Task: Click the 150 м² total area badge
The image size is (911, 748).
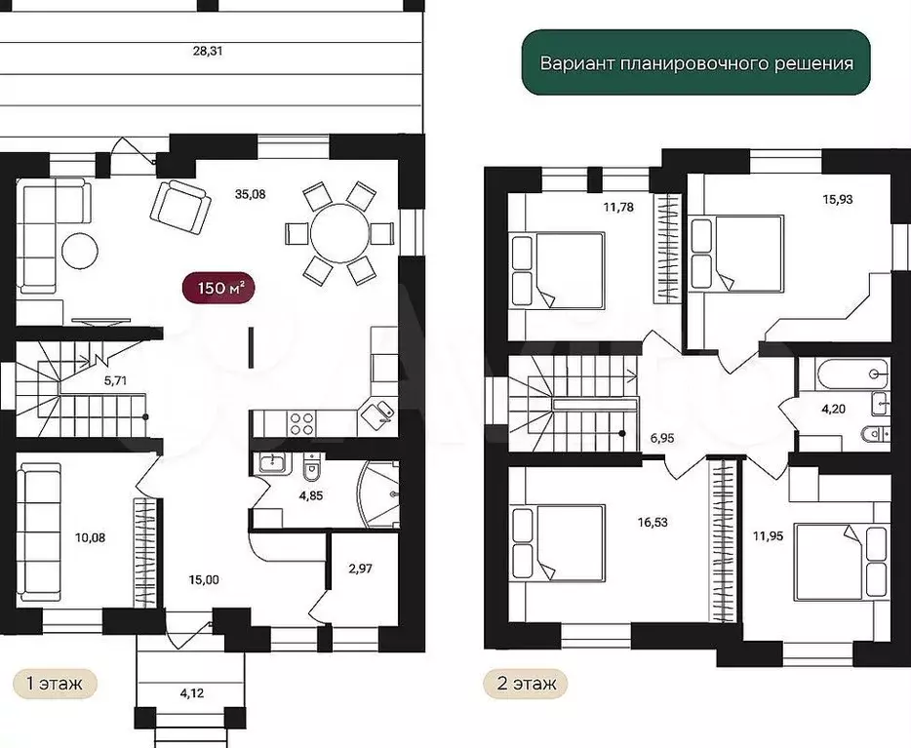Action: click(x=219, y=288)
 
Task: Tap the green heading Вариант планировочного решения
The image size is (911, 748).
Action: click(x=696, y=62)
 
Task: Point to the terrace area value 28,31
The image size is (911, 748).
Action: click(x=208, y=51)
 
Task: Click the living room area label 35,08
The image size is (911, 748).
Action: click(x=251, y=194)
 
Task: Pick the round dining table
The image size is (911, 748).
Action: click(x=339, y=233)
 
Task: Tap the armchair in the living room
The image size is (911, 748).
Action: click(x=180, y=208)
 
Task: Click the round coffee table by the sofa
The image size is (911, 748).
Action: click(x=80, y=251)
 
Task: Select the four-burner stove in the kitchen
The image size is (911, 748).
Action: click(x=301, y=423)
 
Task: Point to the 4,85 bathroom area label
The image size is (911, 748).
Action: click(x=311, y=496)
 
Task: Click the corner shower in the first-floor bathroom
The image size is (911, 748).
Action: click(x=377, y=494)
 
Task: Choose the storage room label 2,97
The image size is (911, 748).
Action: click(x=360, y=569)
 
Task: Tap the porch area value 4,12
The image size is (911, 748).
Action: click(x=192, y=692)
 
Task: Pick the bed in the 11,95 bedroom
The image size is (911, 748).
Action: click(x=842, y=562)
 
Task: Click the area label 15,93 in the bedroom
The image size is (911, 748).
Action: click(x=838, y=200)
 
